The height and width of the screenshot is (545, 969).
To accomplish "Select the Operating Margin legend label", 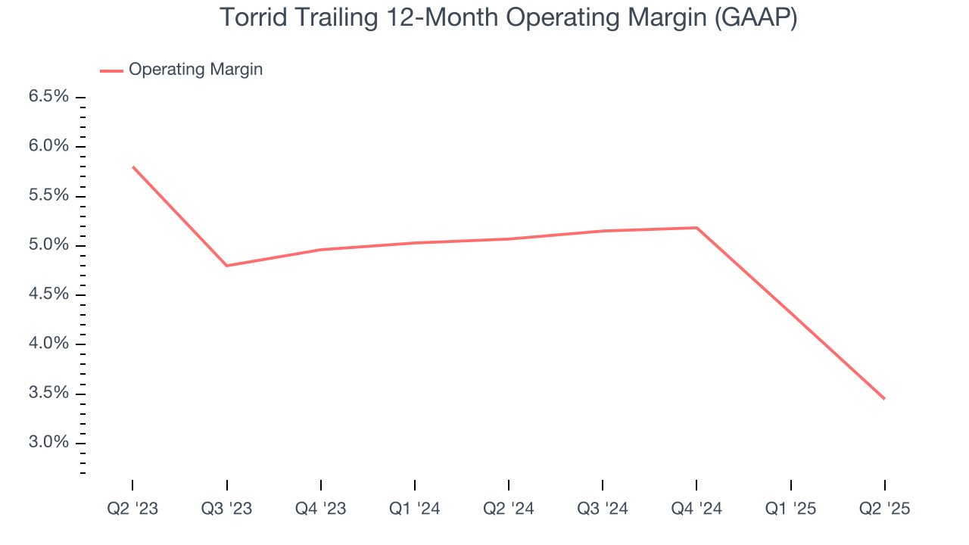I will pos(195,70).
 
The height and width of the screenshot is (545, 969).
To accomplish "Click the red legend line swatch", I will pos(111,70).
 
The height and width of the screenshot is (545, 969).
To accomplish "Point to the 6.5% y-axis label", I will pos(48,97).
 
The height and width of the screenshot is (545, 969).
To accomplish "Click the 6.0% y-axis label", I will pos(48,146).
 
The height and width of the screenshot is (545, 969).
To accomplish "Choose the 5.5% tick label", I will pos(48,196).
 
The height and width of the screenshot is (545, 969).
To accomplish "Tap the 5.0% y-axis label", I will pos(48,245).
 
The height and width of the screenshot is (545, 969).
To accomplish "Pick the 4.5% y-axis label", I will pos(48,294).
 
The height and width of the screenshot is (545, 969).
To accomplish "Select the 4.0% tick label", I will pos(48,344).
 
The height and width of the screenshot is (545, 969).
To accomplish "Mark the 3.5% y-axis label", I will pos(48,394).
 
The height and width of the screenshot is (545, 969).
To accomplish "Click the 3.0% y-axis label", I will pos(48,443).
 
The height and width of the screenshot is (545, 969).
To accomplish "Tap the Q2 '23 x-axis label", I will pos(132,509).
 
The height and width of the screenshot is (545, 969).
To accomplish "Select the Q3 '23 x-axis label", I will pos(226,509).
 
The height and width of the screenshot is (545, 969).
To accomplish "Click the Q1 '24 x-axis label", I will pos(415,509).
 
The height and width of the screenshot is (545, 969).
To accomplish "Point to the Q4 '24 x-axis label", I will pos(696,509).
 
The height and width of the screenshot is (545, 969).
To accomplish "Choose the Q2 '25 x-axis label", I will pos(884,509).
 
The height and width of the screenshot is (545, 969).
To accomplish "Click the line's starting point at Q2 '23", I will pos(133,167).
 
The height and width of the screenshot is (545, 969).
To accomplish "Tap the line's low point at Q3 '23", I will pos(227,266).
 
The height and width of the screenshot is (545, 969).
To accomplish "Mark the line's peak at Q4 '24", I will pos(696,228).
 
